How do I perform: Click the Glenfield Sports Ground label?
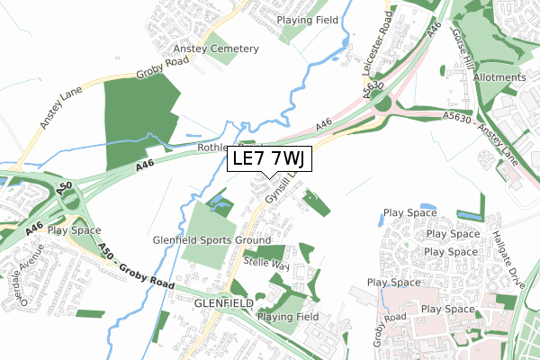(211, 241)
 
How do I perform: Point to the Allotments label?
(499, 78)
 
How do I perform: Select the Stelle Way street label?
(266, 263)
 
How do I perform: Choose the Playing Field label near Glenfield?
(288, 317)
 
